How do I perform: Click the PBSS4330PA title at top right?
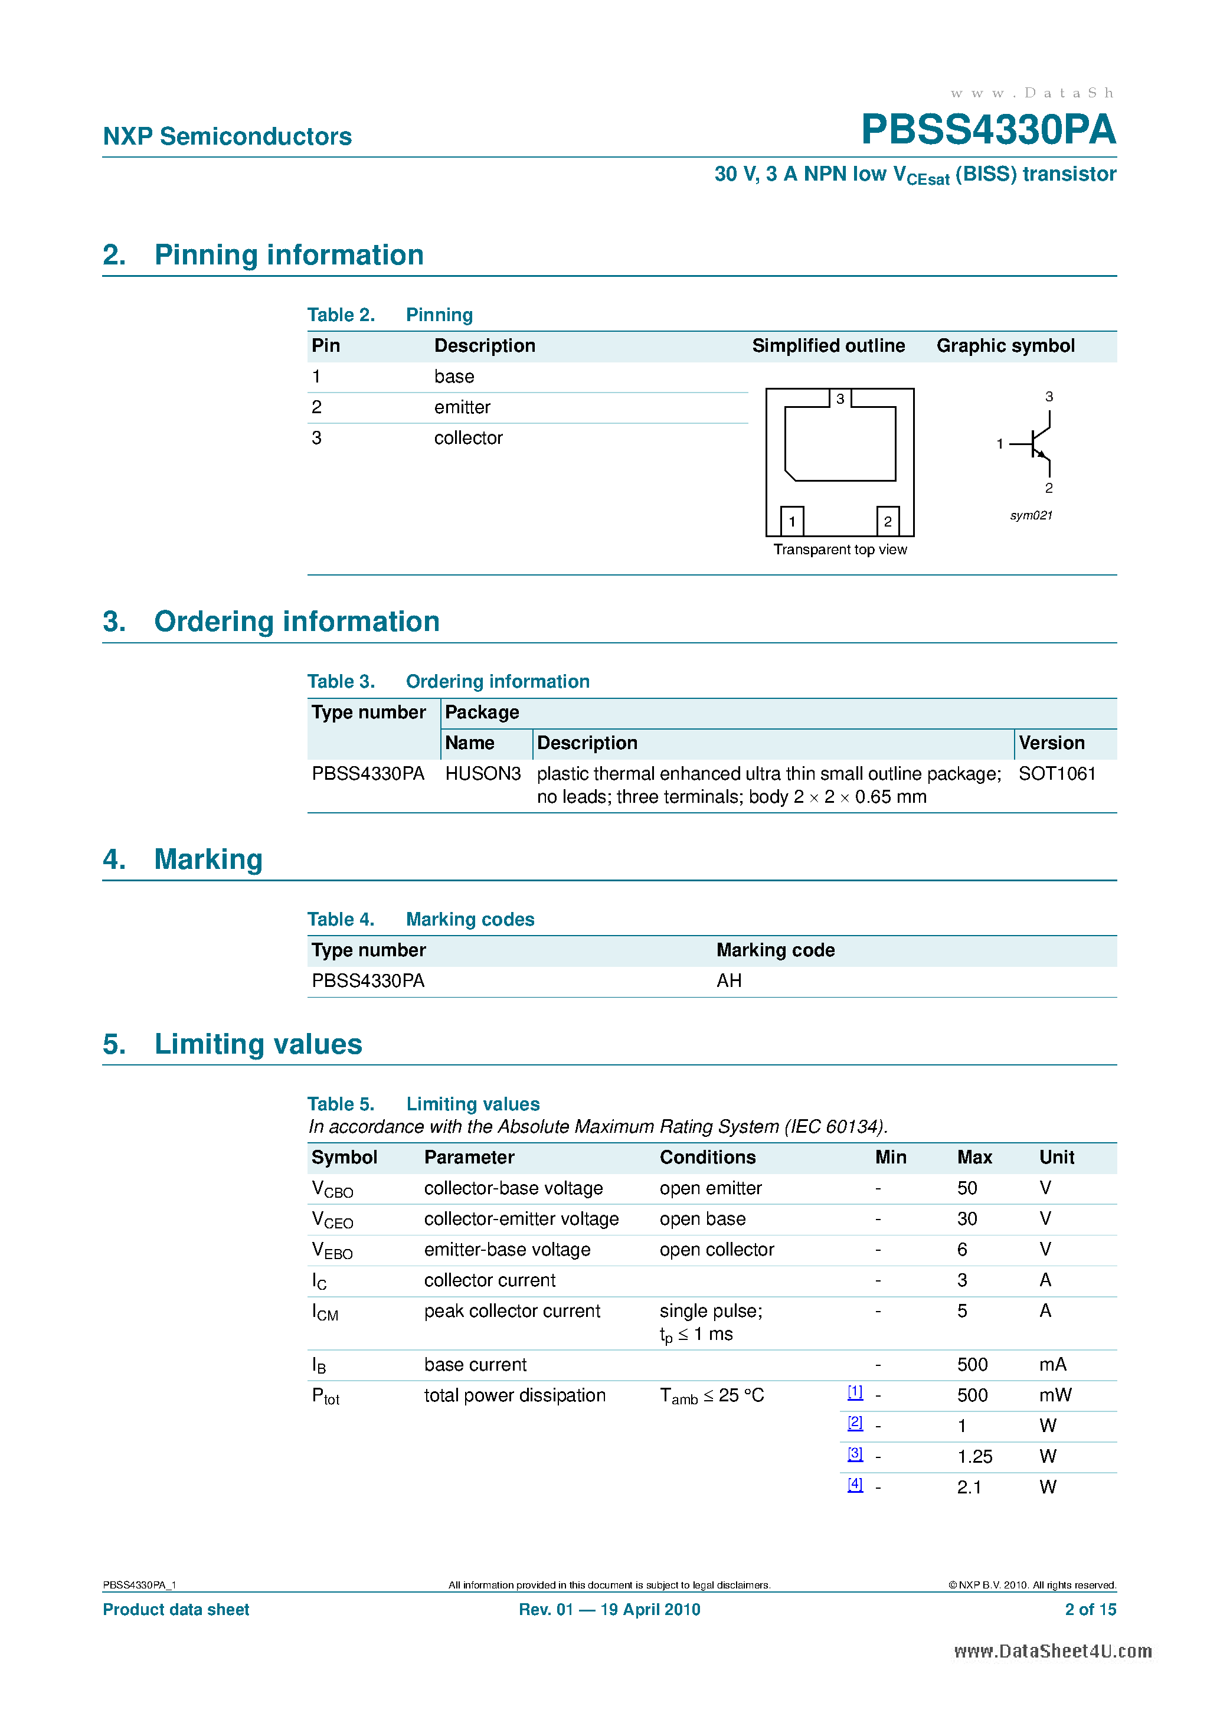987,129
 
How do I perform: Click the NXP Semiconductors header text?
227,136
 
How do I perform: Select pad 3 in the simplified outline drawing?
840,398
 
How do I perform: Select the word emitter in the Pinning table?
462,407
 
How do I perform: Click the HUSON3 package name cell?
483,773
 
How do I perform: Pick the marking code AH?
728,980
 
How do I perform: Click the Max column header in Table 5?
974,1157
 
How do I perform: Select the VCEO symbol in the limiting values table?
332,1220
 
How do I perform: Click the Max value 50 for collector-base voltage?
967,1188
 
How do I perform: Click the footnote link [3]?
855,1454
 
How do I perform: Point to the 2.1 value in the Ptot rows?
969,1487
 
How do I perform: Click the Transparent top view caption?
840,550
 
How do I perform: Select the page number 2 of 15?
1090,1610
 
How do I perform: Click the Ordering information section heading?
296,622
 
